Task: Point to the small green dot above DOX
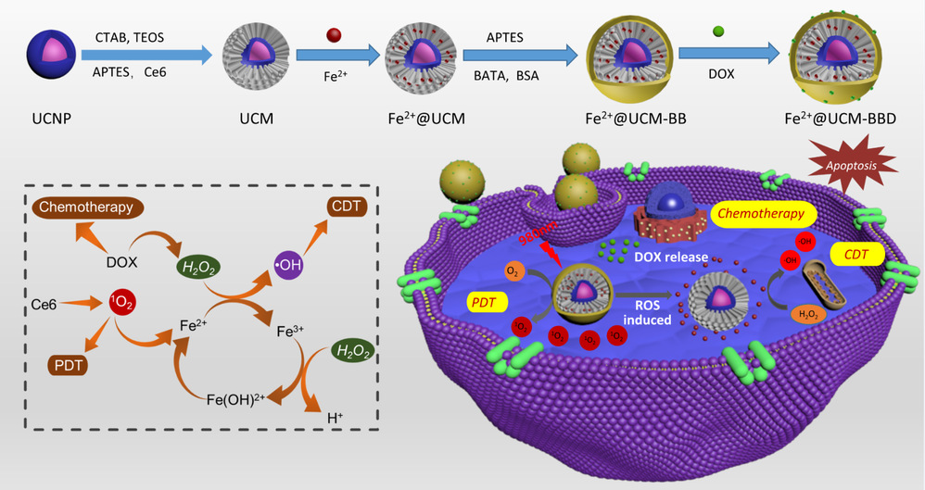(717, 33)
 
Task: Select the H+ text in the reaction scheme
(334, 419)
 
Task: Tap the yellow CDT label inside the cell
(855, 252)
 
